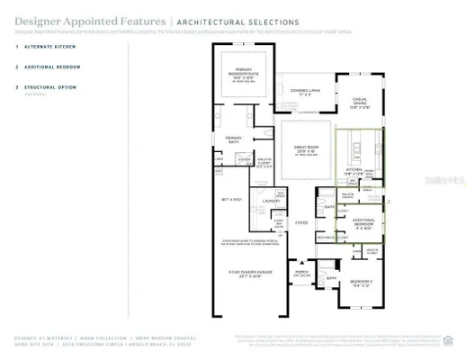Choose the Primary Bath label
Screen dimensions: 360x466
(x=235, y=139)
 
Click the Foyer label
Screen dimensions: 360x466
(x=301, y=221)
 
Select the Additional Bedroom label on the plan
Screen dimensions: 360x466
(x=363, y=221)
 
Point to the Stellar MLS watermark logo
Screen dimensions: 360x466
(x=435, y=180)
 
